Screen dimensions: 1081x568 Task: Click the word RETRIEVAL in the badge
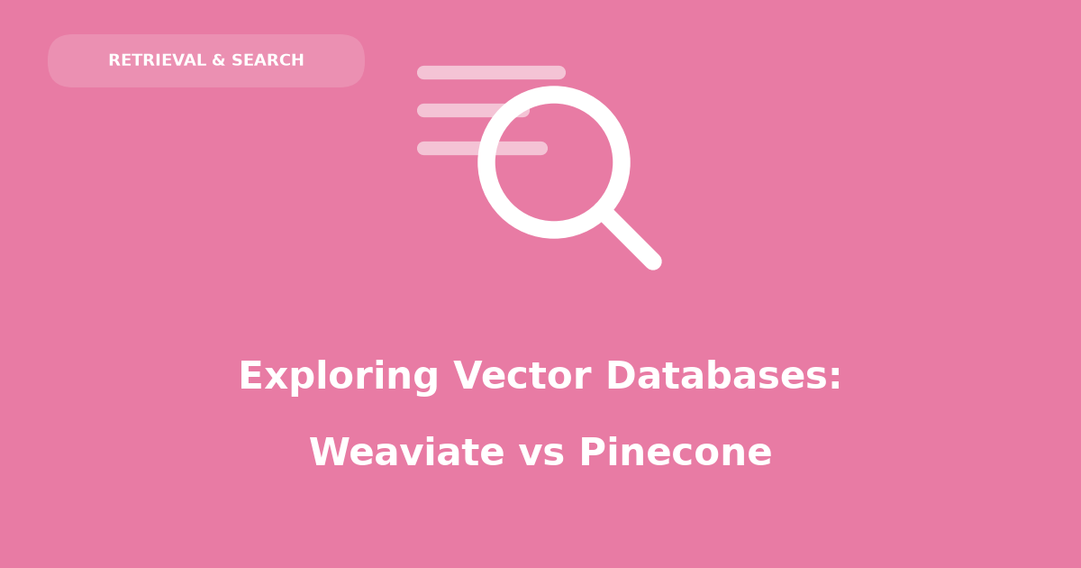coord(158,60)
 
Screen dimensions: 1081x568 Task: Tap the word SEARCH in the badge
coord(268,60)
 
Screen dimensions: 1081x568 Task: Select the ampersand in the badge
coord(219,60)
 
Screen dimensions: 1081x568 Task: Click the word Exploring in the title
coord(339,377)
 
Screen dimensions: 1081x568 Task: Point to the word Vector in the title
coord(522,375)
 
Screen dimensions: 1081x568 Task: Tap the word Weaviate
coord(407,452)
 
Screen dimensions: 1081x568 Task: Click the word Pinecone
coord(676,452)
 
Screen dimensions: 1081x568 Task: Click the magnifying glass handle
coord(632,240)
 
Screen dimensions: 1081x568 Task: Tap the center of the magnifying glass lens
coord(554,162)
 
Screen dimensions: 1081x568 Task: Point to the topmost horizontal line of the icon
coord(491,72)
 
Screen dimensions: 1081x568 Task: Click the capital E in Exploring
coord(252,375)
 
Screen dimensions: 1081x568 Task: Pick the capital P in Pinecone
coord(593,452)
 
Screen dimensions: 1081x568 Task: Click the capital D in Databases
coord(621,375)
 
